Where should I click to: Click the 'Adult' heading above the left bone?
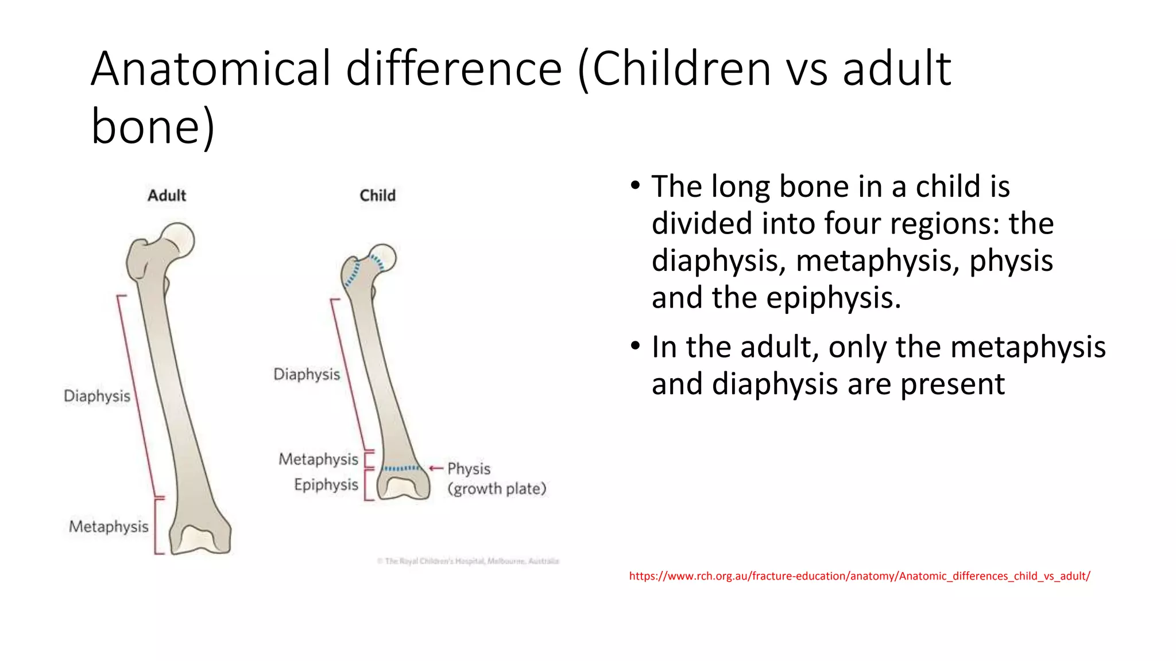[167, 196]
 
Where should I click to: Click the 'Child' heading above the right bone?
[377, 196]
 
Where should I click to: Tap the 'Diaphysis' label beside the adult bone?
[97, 396]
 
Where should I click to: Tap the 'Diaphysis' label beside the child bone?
[307, 374]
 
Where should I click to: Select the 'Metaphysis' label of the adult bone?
[109, 527]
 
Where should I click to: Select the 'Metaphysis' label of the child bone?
[318, 459]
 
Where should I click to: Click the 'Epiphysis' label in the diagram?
[326, 485]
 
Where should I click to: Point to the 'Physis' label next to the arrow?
[469, 469]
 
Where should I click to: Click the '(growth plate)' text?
[497, 489]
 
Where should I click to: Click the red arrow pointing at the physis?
[436, 469]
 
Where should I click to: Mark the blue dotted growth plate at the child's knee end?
[402, 469]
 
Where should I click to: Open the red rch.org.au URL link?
[859, 576]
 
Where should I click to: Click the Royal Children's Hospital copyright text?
[468, 561]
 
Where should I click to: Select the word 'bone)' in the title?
[153, 126]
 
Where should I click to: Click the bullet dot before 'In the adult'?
[635, 347]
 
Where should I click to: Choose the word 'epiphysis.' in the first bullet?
[834, 298]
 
